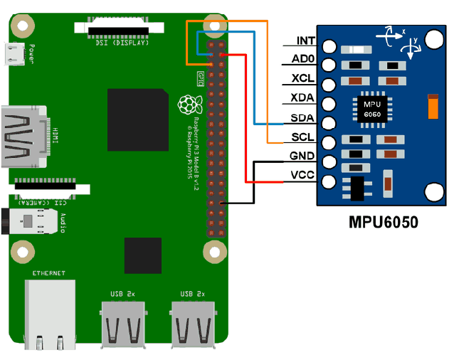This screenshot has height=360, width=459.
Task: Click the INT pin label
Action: click(305, 42)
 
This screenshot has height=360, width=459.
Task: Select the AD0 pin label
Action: click(304, 60)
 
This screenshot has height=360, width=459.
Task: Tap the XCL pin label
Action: click(304, 79)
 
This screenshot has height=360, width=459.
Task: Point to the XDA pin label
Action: click(304, 98)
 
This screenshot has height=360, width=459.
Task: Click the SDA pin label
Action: click(304, 117)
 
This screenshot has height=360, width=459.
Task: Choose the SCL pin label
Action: click(304, 137)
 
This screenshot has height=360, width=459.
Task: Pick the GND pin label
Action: click(303, 156)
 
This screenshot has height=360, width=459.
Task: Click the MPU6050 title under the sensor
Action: click(384, 221)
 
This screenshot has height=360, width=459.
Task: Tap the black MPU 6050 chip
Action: click(371, 108)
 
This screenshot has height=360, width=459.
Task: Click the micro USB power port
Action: click(16, 54)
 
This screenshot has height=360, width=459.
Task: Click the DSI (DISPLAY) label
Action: click(122, 43)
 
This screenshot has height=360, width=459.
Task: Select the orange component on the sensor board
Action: click(432, 107)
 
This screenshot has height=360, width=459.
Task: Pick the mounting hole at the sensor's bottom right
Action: click(433, 191)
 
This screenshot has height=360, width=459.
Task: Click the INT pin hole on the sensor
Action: click(329, 46)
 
